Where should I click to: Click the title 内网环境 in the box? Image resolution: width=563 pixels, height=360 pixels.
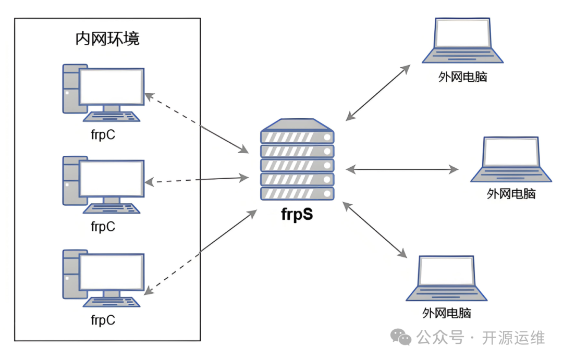pyautogui.click(x=107, y=39)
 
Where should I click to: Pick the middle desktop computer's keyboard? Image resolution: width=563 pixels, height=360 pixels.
pyautogui.click(x=113, y=208)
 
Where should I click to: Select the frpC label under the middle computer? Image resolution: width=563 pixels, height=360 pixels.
pyautogui.click(x=103, y=227)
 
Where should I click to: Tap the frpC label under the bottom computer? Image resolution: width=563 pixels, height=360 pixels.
pyautogui.click(x=103, y=320)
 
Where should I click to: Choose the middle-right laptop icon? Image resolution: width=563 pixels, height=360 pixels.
pyautogui.click(x=511, y=159)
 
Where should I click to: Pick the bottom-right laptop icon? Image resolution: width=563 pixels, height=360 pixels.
pyautogui.click(x=447, y=278)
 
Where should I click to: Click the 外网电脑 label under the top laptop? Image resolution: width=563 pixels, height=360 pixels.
pyautogui.click(x=462, y=77)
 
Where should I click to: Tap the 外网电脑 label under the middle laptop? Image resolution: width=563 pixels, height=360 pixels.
pyautogui.click(x=511, y=194)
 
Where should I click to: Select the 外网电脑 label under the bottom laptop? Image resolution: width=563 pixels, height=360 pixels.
pyautogui.click(x=447, y=314)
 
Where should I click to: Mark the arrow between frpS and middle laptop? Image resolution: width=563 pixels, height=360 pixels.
pyautogui.click(x=402, y=169)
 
